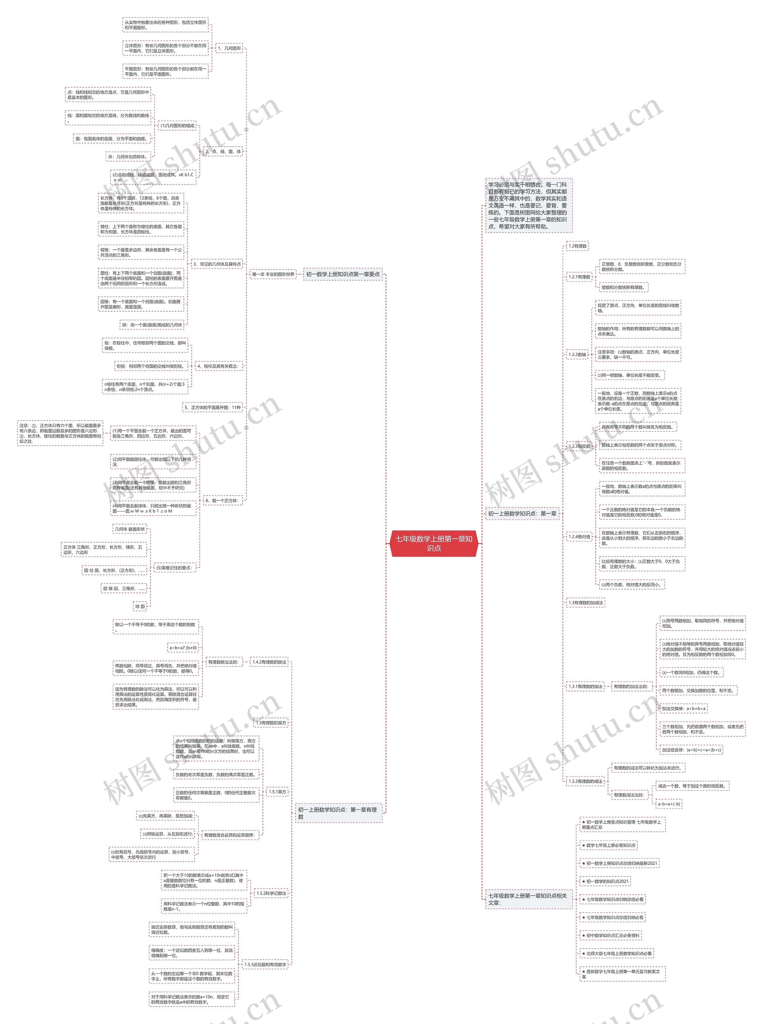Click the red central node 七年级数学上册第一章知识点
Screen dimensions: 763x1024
click(x=434, y=543)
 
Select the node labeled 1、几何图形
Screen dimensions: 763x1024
click(x=229, y=48)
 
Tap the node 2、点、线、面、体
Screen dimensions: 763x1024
click(x=223, y=151)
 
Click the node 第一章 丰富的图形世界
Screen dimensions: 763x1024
click(x=273, y=274)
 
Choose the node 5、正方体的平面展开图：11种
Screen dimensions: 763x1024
click(x=213, y=408)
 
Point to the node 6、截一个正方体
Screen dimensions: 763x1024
click(x=222, y=500)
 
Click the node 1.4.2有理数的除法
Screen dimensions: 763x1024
click(x=269, y=662)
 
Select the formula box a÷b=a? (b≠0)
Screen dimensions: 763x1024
click(x=183, y=647)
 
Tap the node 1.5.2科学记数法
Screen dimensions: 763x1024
click(x=271, y=893)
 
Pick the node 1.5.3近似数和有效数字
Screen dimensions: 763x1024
click(x=265, y=964)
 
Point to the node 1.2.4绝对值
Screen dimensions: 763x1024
click(x=579, y=537)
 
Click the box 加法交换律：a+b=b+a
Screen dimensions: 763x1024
click(x=683, y=709)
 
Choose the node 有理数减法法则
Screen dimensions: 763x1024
click(x=630, y=795)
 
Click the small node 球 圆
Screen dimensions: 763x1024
click(x=140, y=606)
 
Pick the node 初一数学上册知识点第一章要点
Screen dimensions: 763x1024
click(x=343, y=274)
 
